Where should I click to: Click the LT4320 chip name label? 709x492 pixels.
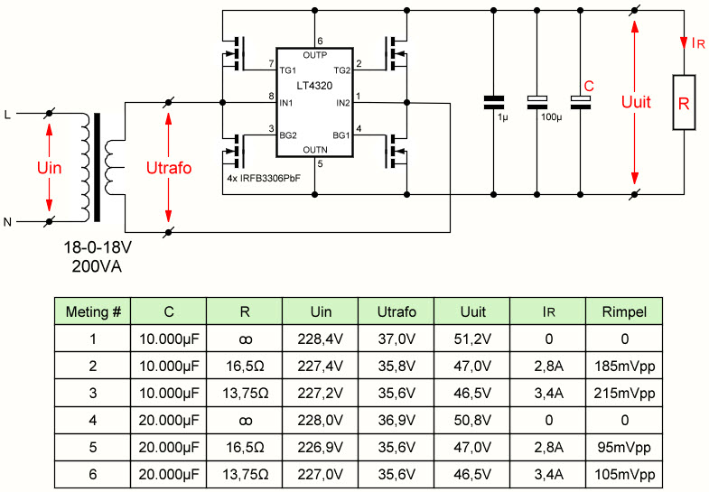tap(314, 86)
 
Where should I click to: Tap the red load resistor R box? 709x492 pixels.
tap(684, 103)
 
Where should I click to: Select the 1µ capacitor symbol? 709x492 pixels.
tap(494, 103)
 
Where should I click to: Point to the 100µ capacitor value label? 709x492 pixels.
tap(552, 117)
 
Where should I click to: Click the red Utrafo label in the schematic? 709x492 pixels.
tap(169, 168)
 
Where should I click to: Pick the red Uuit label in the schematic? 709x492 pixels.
tap(636, 102)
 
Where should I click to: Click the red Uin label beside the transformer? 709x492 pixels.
tap(50, 168)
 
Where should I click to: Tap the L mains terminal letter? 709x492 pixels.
tap(7, 116)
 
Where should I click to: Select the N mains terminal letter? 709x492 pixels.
tap(7, 222)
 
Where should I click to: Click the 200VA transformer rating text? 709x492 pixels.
tap(97, 266)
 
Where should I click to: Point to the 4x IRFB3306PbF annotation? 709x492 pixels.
tap(264, 179)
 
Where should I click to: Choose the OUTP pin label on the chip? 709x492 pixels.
tap(314, 55)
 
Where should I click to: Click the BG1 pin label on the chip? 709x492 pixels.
tap(341, 135)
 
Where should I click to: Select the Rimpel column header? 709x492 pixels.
tap(624, 311)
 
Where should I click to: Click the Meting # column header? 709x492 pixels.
tap(93, 311)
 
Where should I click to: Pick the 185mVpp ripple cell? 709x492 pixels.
tap(624, 366)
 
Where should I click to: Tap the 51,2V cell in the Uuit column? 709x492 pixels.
tap(472, 339)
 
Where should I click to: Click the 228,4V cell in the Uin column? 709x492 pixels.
tap(321, 339)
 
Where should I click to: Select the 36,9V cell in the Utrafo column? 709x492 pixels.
tap(396, 420)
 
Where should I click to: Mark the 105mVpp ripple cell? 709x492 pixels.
tap(624, 474)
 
